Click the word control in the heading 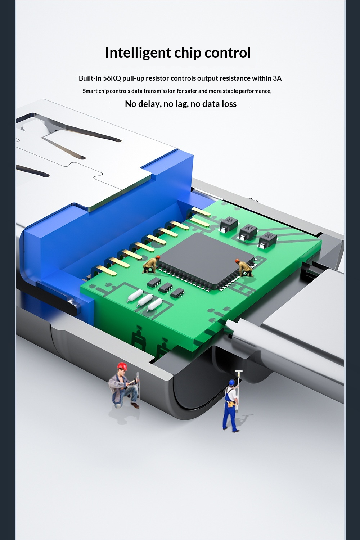[x=228, y=53]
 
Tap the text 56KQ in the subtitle [x=112, y=78]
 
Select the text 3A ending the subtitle [x=277, y=78]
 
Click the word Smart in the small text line [x=90, y=91]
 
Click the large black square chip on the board [x=205, y=258]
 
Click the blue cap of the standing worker [x=231, y=382]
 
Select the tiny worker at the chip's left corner [x=151, y=264]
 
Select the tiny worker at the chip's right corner [x=244, y=267]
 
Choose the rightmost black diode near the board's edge [x=267, y=240]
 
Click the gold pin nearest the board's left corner [x=106, y=270]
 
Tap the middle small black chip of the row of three [x=165, y=287]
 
